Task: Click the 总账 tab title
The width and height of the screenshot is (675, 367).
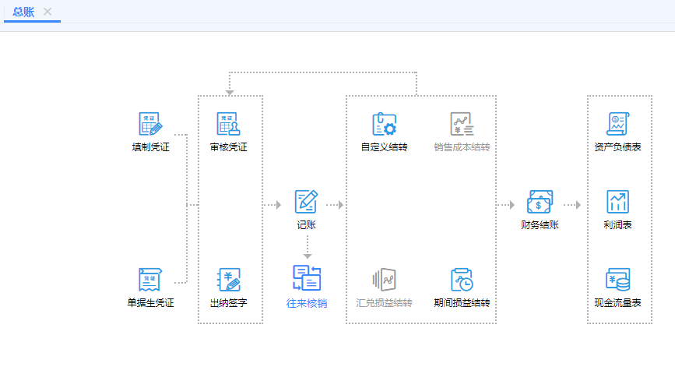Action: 23,12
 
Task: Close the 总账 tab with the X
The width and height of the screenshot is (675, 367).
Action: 47,12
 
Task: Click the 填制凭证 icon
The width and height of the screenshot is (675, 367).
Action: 150,125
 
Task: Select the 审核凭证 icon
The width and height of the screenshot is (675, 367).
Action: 229,125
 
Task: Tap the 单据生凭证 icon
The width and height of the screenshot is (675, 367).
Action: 150,279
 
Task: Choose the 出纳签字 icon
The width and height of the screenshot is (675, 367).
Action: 229,279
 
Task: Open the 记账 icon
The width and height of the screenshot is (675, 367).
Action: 306,202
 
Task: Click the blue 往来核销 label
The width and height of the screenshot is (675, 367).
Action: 306,302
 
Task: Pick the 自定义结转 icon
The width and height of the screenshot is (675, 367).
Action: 384,125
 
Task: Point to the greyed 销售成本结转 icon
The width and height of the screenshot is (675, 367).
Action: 462,125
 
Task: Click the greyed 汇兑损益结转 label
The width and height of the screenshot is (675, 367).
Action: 384,302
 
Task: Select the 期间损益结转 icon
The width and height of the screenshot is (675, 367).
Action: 462,279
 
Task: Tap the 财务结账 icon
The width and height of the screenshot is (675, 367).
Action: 540,202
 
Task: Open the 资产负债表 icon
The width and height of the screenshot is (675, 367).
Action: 617,125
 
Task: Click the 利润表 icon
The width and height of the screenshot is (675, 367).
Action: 617,202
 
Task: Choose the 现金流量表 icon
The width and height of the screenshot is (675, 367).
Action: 617,279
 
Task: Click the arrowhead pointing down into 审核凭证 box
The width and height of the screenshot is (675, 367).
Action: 229,92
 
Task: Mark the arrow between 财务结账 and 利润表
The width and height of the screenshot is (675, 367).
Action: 573,205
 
